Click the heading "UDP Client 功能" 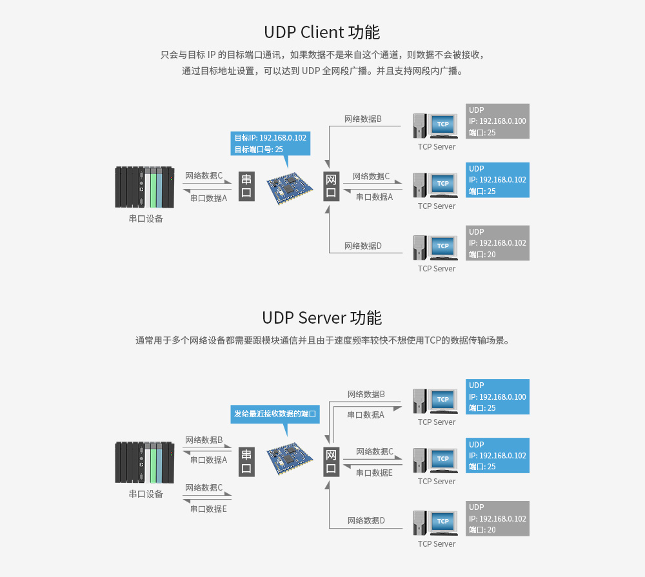click(322, 32)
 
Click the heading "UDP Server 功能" click(322, 318)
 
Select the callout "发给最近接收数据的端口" click(275, 414)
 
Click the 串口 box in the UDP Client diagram click(246, 186)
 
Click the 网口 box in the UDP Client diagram click(331, 186)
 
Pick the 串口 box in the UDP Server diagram click(246, 462)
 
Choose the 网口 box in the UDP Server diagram click(331, 462)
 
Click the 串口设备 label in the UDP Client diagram click(146, 219)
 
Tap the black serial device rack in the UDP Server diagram click(145, 462)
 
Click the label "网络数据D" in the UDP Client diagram click(363, 246)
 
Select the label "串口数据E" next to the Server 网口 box click(374, 473)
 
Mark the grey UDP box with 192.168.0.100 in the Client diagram click(497, 121)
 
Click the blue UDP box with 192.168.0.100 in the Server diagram click(497, 396)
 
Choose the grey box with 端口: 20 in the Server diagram click(497, 518)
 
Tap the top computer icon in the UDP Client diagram click(435, 126)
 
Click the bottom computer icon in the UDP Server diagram click(435, 523)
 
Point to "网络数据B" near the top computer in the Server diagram click(366, 394)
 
